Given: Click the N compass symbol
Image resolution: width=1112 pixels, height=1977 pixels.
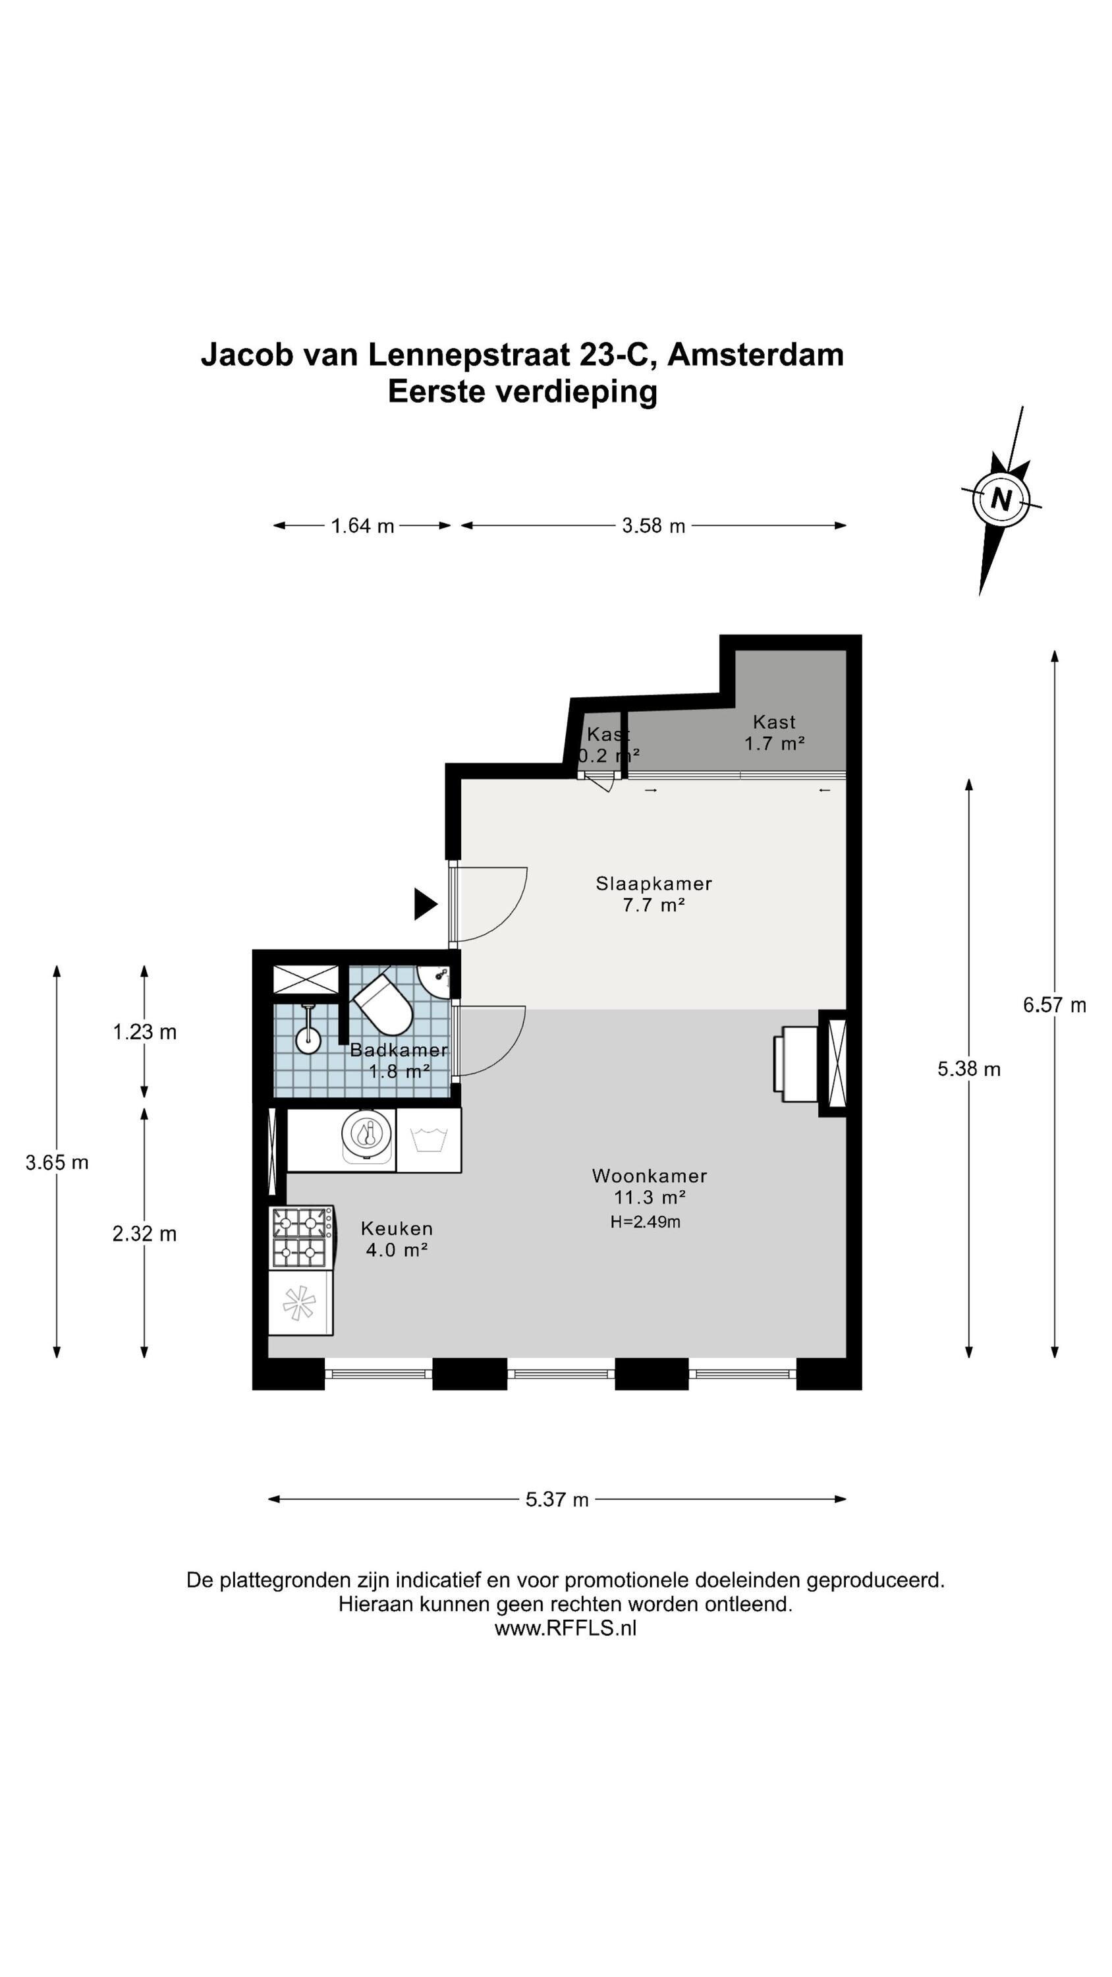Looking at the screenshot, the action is pyautogui.click(x=1001, y=500).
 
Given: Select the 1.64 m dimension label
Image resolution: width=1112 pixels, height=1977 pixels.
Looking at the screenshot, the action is pyautogui.click(x=362, y=526).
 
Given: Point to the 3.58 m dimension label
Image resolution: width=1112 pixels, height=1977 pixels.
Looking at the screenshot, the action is pyautogui.click(x=653, y=526).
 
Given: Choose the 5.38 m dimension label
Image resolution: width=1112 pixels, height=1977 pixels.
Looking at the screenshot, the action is pyautogui.click(x=968, y=1069).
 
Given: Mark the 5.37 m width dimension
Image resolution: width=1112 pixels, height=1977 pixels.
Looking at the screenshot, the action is pyautogui.click(x=557, y=1500).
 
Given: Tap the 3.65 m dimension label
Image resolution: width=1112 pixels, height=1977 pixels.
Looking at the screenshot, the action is pyautogui.click(x=57, y=1162).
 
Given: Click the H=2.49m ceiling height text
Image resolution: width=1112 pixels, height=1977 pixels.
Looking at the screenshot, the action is pyautogui.click(x=646, y=1222).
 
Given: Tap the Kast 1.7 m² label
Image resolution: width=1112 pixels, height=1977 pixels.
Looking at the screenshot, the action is pyautogui.click(x=774, y=733).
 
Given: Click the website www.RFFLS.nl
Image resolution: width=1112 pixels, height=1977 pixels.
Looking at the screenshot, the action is pyautogui.click(x=566, y=1628).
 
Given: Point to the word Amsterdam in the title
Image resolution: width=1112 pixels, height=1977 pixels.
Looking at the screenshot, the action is pyautogui.click(x=756, y=355).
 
